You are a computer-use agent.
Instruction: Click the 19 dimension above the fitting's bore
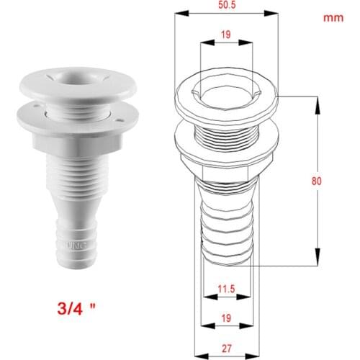coord(226,34)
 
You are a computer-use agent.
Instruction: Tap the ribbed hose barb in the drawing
coord(226,223)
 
